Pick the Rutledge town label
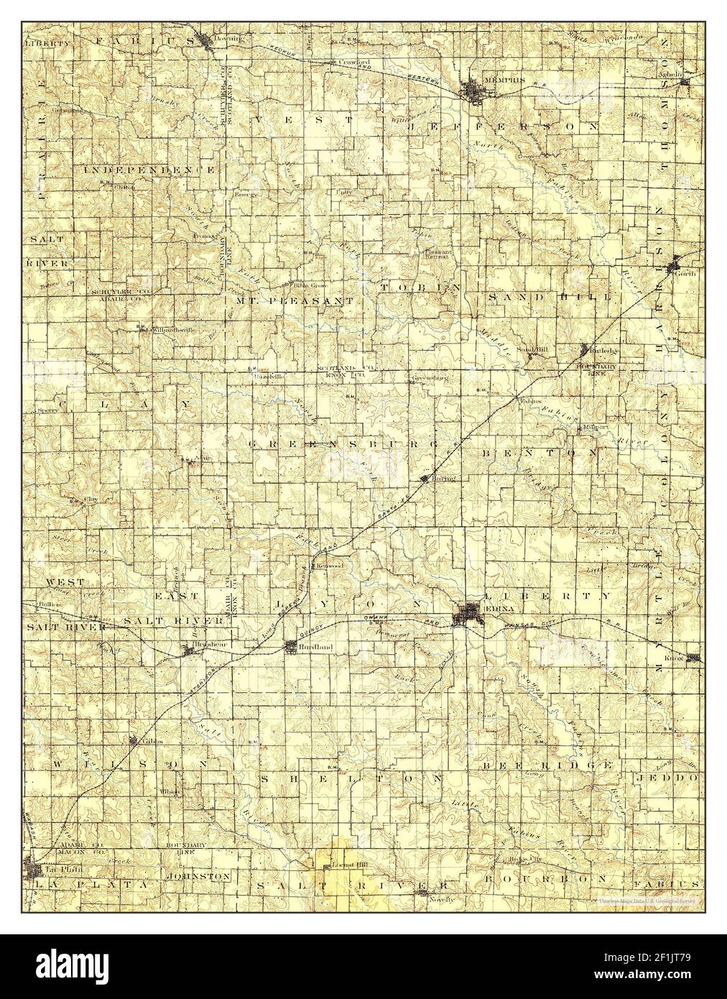click(x=603, y=350)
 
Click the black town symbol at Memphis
click(x=473, y=91)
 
